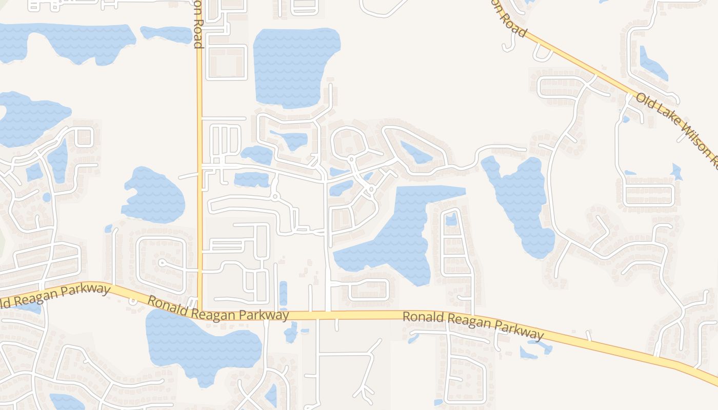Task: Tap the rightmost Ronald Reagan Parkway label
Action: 472,325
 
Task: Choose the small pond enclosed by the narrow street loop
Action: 451,219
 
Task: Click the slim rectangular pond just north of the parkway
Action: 283,294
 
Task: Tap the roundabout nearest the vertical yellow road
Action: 276,196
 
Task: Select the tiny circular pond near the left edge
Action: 47,197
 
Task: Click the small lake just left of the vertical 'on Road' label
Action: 167,34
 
